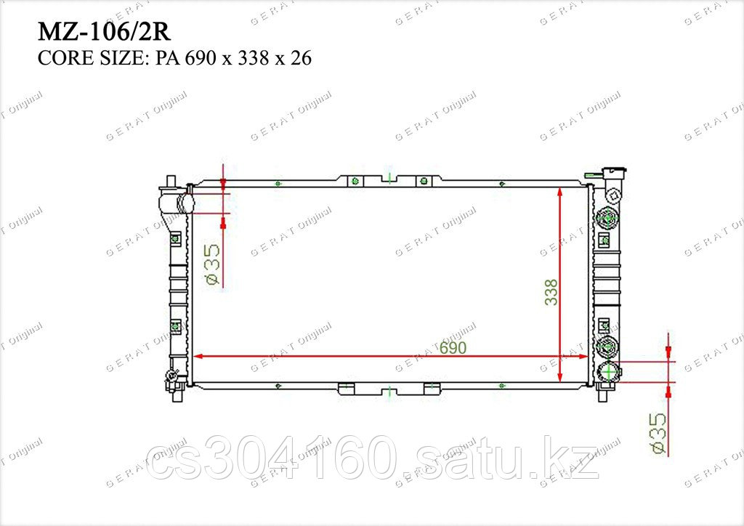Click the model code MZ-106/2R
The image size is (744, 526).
[x=104, y=32]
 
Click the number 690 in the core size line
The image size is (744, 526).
[x=201, y=58]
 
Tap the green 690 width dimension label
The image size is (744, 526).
[x=453, y=348]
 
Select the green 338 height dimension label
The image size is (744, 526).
[x=551, y=292]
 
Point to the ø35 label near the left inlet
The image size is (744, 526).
[x=214, y=264]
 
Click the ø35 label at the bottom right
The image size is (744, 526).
[x=658, y=432]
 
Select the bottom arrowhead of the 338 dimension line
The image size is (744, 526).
[x=560, y=375]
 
